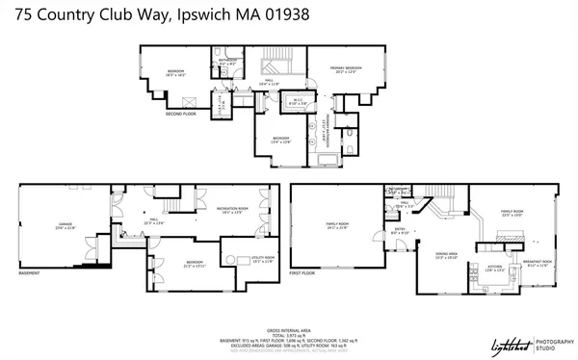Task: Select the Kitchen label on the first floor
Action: [x=495, y=268]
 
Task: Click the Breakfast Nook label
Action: [x=537, y=262]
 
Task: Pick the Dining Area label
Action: [x=446, y=254]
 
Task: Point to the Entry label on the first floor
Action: [x=401, y=230]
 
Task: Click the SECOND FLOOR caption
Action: [x=180, y=114]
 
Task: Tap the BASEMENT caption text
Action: [x=29, y=272]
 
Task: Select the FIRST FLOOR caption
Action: [x=302, y=272]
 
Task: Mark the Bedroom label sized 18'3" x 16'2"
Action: [x=176, y=72]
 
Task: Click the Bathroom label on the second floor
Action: [x=226, y=62]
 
